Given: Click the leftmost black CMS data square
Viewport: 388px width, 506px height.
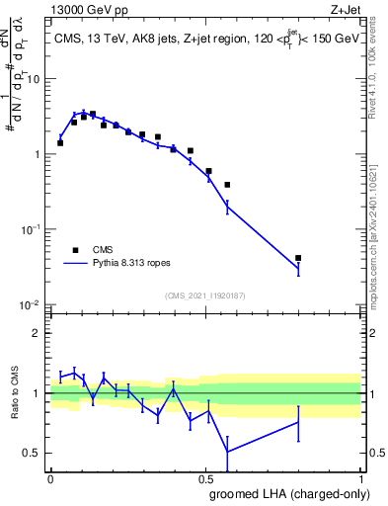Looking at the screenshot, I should [60, 143].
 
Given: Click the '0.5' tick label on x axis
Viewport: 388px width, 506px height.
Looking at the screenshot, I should [205, 478].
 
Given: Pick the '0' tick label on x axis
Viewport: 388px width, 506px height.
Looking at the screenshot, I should [50, 478].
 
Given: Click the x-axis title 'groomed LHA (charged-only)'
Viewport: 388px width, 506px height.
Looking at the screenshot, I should [286, 495].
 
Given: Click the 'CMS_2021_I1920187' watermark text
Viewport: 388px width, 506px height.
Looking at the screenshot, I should [205, 295].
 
